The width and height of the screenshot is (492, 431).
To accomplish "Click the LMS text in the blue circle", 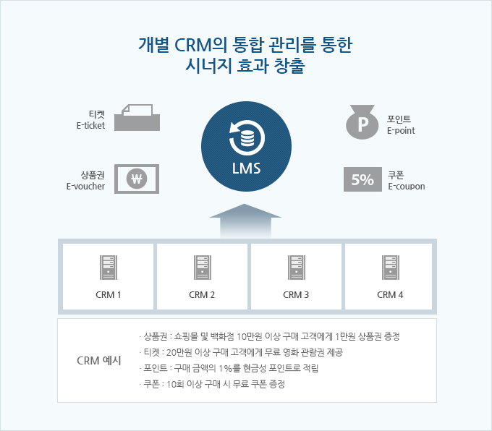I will (246, 170).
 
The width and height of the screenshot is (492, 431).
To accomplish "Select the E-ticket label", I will (91, 120).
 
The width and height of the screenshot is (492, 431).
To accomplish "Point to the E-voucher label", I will (87, 181).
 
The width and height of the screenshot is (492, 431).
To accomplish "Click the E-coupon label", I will (406, 181).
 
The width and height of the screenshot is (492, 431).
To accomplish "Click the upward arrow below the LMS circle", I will (245, 220).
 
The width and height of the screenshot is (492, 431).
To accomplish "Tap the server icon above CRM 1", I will (109, 268).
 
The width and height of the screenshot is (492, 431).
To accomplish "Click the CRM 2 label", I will (202, 294).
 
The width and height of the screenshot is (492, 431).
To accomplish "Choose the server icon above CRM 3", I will (296, 268).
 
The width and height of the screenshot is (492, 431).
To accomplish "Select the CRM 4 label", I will (390, 294).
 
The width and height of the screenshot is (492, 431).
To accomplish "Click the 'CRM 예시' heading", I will (98, 360).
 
